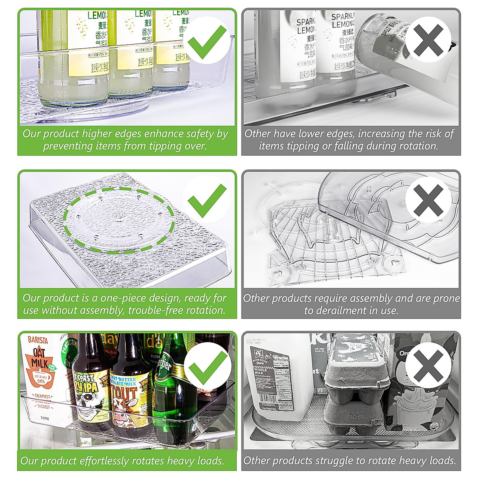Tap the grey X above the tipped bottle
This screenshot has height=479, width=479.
click(x=428, y=40)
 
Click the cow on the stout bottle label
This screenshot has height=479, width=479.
click(x=124, y=415)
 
